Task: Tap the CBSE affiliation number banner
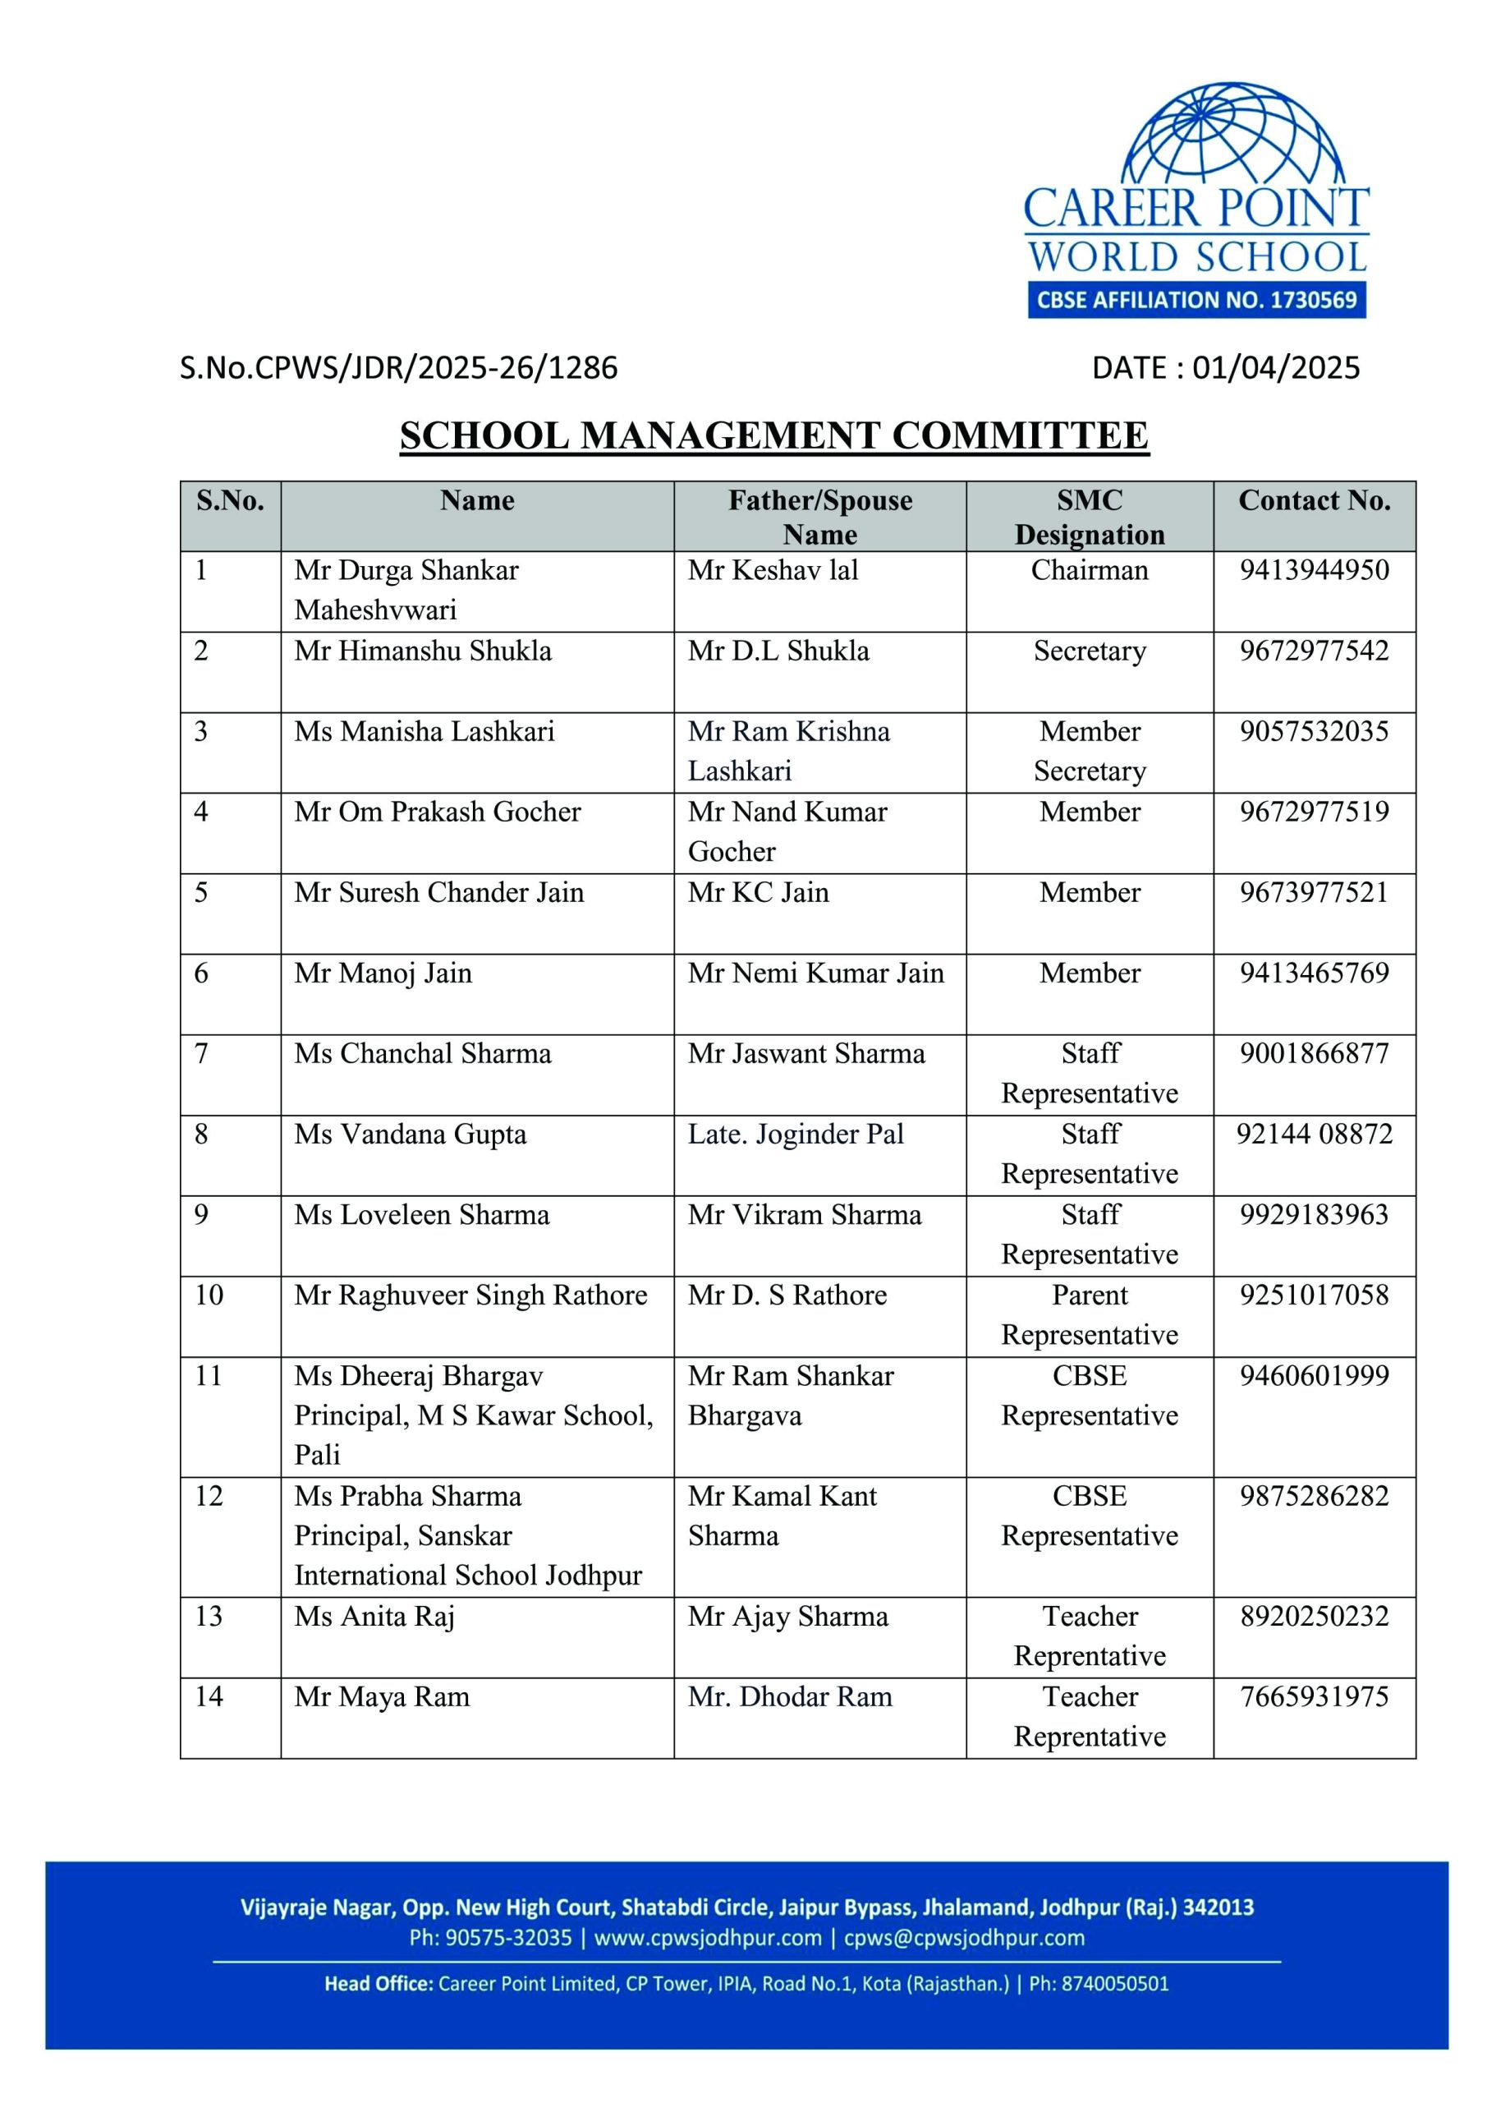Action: [x=1196, y=300]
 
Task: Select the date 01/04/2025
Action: [x=1275, y=368]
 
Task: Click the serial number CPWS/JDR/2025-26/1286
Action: [x=398, y=368]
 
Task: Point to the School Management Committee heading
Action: [x=773, y=436]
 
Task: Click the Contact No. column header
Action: [x=1314, y=501]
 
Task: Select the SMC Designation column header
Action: [x=1090, y=518]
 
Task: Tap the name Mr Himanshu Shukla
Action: [x=423, y=651]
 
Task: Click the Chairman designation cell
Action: [x=1090, y=571]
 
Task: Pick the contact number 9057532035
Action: [x=1314, y=732]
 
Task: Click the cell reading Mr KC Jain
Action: [x=758, y=893]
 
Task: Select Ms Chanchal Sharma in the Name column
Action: [x=423, y=1054]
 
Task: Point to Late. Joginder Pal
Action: [x=796, y=1134]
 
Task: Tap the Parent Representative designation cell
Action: [x=1090, y=1315]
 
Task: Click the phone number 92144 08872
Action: [x=1314, y=1134]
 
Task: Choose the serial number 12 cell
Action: [x=209, y=1497]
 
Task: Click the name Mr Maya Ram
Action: [x=382, y=1697]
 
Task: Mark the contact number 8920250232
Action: [x=1314, y=1617]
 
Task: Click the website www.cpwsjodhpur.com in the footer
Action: [x=708, y=1938]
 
